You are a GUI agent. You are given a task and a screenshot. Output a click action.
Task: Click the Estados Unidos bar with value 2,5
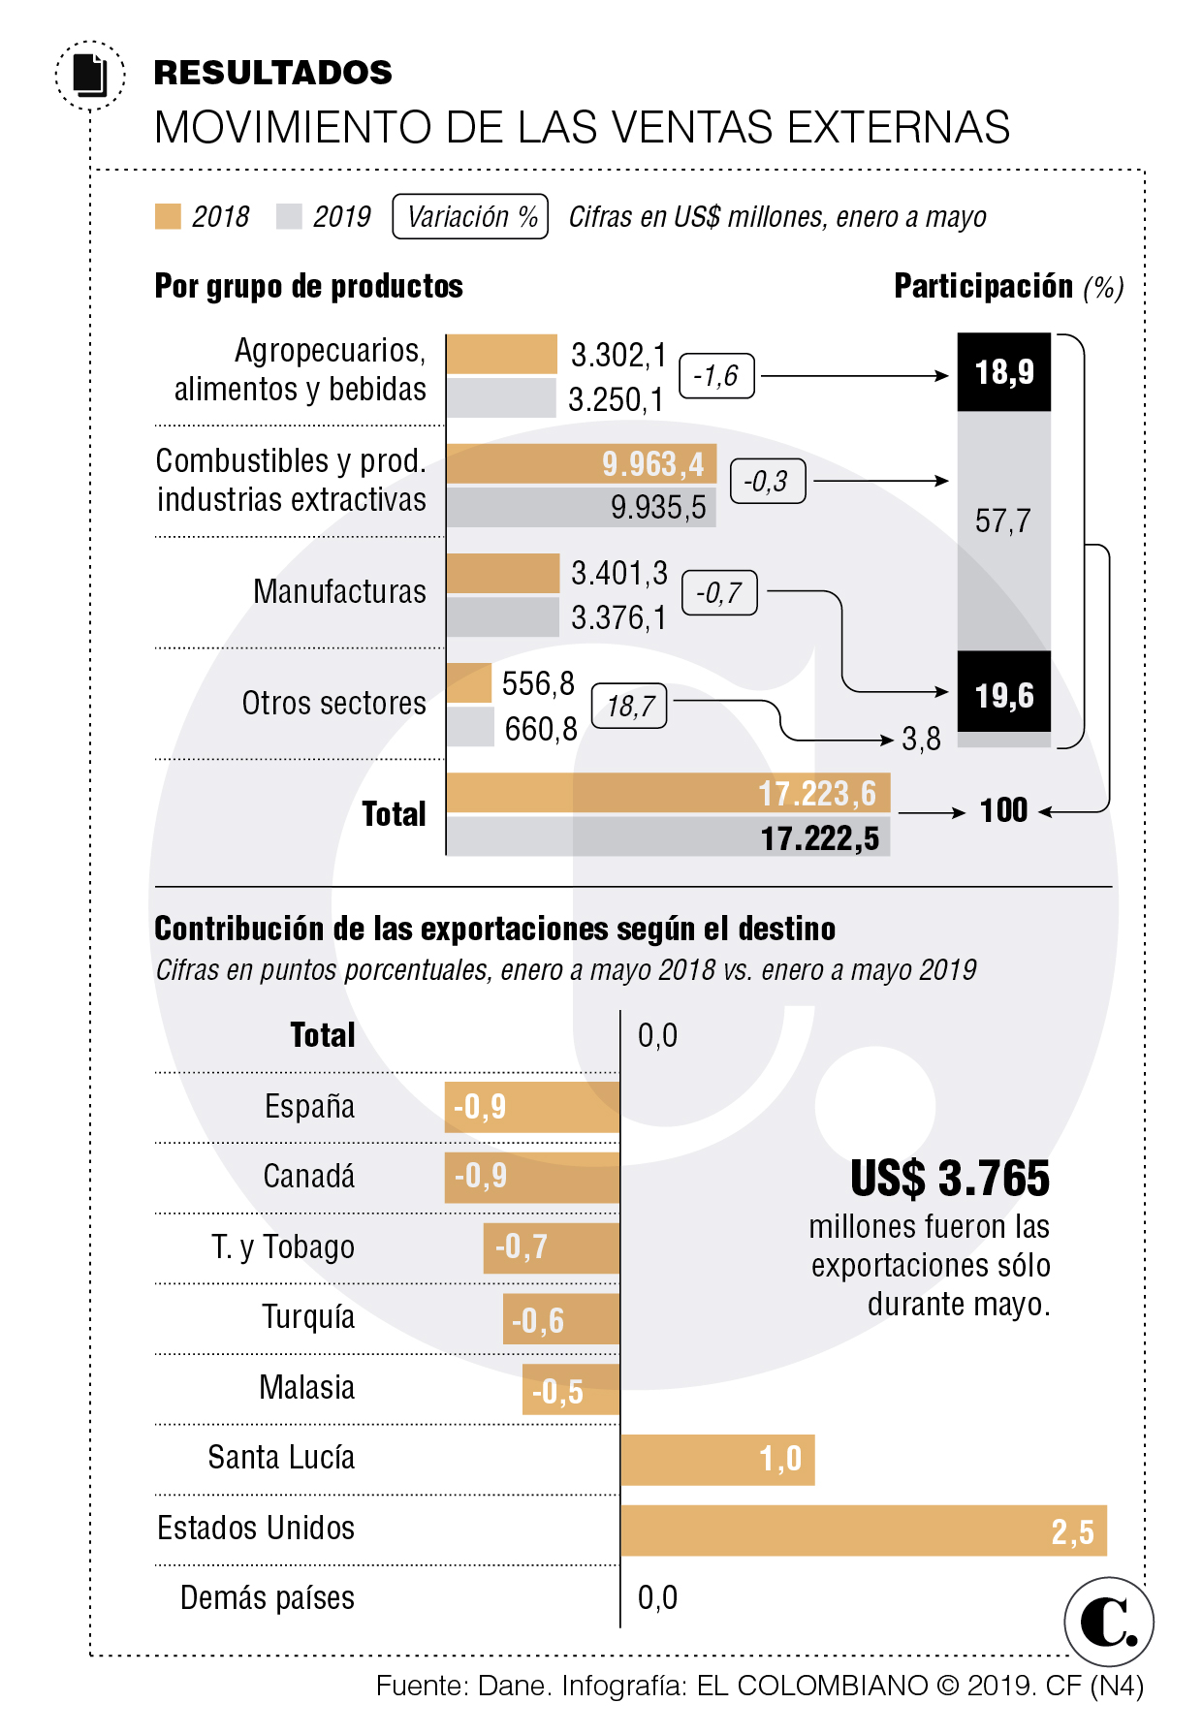tap(863, 1530)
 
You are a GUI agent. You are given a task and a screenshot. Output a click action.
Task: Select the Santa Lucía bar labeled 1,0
tap(717, 1460)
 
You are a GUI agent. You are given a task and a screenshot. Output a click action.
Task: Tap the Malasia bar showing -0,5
tap(570, 1390)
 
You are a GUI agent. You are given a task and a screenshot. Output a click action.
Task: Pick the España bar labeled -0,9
tap(531, 1107)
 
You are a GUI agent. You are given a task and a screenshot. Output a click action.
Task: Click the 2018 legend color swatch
tap(168, 216)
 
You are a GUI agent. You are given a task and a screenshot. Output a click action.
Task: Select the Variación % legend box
tap(470, 216)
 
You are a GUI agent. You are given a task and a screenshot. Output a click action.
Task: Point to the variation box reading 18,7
tap(629, 706)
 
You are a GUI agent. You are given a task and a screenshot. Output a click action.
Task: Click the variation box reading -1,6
tap(716, 375)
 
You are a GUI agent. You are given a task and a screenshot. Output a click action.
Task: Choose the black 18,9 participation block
tap(1003, 372)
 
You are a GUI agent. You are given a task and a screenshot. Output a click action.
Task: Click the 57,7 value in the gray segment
tap(1002, 521)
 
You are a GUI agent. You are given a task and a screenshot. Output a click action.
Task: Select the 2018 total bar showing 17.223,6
tap(668, 793)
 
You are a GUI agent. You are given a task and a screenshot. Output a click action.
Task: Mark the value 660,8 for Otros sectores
tap(541, 729)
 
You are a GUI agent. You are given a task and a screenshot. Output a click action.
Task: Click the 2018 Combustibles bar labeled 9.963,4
tap(581, 464)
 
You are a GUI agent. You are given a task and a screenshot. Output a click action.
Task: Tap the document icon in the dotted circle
tap(90, 75)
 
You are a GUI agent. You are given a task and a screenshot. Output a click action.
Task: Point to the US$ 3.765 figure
tap(949, 1179)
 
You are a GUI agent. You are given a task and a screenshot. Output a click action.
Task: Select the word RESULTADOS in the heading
tap(272, 73)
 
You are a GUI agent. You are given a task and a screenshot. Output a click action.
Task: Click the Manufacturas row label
tap(339, 591)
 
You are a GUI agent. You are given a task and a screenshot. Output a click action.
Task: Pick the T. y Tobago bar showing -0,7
tap(551, 1247)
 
